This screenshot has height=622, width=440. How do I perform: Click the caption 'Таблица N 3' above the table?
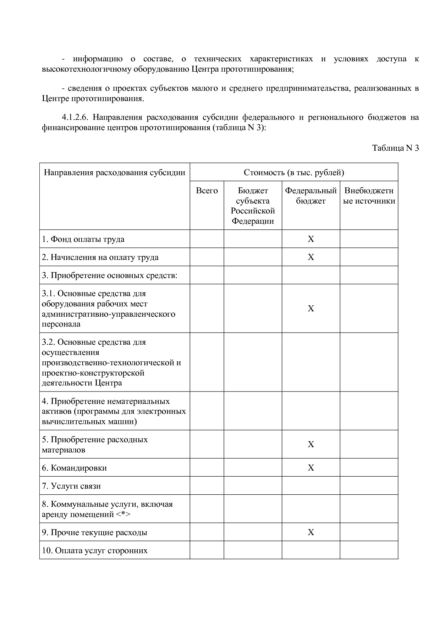coord(395,148)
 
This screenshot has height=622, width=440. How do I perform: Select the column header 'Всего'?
coord(207,191)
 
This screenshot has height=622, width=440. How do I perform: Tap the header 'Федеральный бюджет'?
coord(311,196)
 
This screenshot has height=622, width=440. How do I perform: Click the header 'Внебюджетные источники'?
coord(369,196)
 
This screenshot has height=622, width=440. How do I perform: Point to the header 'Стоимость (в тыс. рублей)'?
coord(294,173)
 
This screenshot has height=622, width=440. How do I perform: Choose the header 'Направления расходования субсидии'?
coord(115,173)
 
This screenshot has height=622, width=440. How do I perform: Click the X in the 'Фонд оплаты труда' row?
coord(311,239)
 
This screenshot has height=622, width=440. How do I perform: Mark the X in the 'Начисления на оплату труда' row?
coord(311,257)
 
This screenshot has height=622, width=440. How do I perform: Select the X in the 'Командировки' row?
coord(311,468)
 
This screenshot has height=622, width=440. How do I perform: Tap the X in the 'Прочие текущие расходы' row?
coord(311,532)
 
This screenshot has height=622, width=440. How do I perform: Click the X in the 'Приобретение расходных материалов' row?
coord(311,444)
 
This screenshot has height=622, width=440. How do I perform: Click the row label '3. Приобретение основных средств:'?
coord(109,276)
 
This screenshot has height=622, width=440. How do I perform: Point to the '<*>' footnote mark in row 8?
coord(123,514)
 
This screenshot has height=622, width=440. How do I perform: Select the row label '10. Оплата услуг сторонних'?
coord(95,550)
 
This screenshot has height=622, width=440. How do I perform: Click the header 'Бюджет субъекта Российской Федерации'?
coord(253,206)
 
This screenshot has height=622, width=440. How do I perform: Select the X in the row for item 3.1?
coord(311,309)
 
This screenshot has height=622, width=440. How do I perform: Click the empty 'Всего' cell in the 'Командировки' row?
coord(207,468)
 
